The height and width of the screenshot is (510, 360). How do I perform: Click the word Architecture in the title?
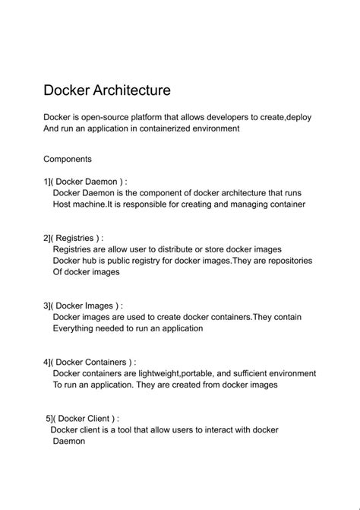pyautogui.click(x=131, y=90)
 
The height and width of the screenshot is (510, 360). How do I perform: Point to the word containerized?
pyautogui.click(x=171, y=128)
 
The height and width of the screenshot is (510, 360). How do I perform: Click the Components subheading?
pyautogui.click(x=68, y=159)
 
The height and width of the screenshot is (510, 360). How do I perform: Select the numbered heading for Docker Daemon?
pyautogui.click(x=85, y=182)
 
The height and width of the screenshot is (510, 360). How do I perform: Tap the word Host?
pyautogui.click(x=65, y=204)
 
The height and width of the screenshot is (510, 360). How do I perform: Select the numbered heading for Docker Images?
pyautogui.click(x=83, y=306)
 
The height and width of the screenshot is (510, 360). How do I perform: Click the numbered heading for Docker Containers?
pyautogui.click(x=90, y=362)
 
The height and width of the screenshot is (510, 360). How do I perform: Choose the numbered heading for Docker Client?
pyautogui.click(x=82, y=418)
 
